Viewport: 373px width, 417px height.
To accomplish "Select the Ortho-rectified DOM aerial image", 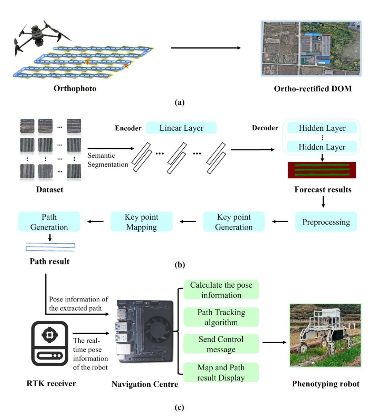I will (x=311, y=48).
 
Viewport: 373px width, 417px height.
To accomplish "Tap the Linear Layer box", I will (x=181, y=128).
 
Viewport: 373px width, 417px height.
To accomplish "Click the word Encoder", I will (x=128, y=128).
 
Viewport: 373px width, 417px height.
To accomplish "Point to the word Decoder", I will (x=265, y=128).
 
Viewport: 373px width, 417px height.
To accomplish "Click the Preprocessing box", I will (x=326, y=222).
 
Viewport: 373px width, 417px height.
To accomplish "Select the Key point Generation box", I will (x=234, y=222).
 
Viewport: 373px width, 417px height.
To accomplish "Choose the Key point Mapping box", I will (x=141, y=222).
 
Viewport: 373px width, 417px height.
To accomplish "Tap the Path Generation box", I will (x=49, y=222).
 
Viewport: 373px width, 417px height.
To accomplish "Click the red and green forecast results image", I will (x=322, y=170).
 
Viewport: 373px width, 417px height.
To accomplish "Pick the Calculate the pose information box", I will (x=221, y=290).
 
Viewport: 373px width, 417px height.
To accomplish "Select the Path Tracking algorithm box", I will (x=221, y=317).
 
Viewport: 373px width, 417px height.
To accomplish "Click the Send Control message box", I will (x=221, y=344).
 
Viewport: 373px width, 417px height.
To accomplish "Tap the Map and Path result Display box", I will (x=221, y=372).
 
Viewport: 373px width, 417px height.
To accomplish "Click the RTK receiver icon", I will (x=50, y=343).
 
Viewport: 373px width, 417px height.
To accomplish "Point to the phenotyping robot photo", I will (x=325, y=335).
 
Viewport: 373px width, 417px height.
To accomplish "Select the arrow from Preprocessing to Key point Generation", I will (x=280, y=222).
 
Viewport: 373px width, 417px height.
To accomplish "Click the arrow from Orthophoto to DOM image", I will (x=206, y=48).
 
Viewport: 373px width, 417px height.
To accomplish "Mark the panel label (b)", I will (x=180, y=265).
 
